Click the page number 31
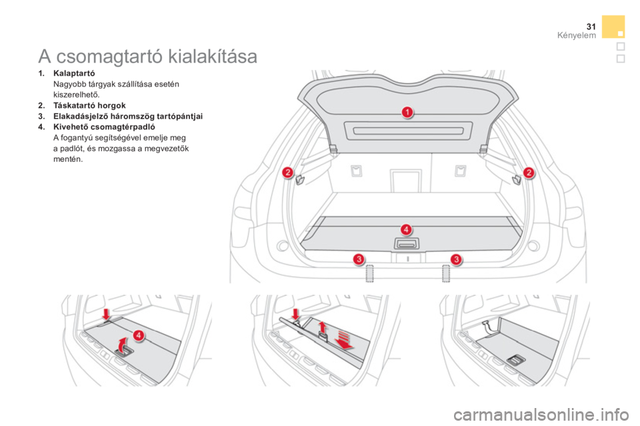591,27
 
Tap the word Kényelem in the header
576,35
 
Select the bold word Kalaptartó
74,73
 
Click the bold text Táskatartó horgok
89,106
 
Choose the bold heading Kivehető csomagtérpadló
104,126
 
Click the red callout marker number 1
407,112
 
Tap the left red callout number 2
288,172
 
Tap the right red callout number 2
529,172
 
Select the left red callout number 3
359,259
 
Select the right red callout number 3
456,259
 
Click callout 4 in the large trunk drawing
406,230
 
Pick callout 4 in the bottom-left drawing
139,335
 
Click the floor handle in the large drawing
407,244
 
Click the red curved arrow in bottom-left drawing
122,345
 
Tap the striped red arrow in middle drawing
345,340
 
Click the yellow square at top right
613,27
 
